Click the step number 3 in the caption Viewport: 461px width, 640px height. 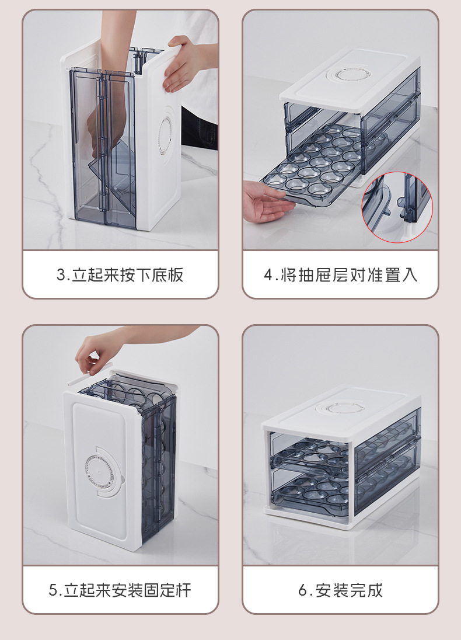tap(61, 274)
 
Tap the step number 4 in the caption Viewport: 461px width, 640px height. tap(268, 274)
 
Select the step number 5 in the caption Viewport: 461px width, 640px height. tap(53, 590)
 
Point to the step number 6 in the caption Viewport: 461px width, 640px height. tap(302, 590)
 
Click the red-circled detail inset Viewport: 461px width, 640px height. tap(397, 207)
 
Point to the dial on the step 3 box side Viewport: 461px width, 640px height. tap(166, 135)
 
